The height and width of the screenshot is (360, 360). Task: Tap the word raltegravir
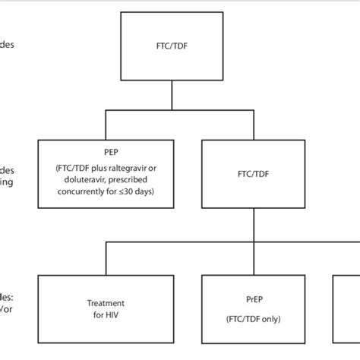tap(134, 167)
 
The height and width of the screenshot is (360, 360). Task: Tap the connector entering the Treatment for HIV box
tap(105, 259)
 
